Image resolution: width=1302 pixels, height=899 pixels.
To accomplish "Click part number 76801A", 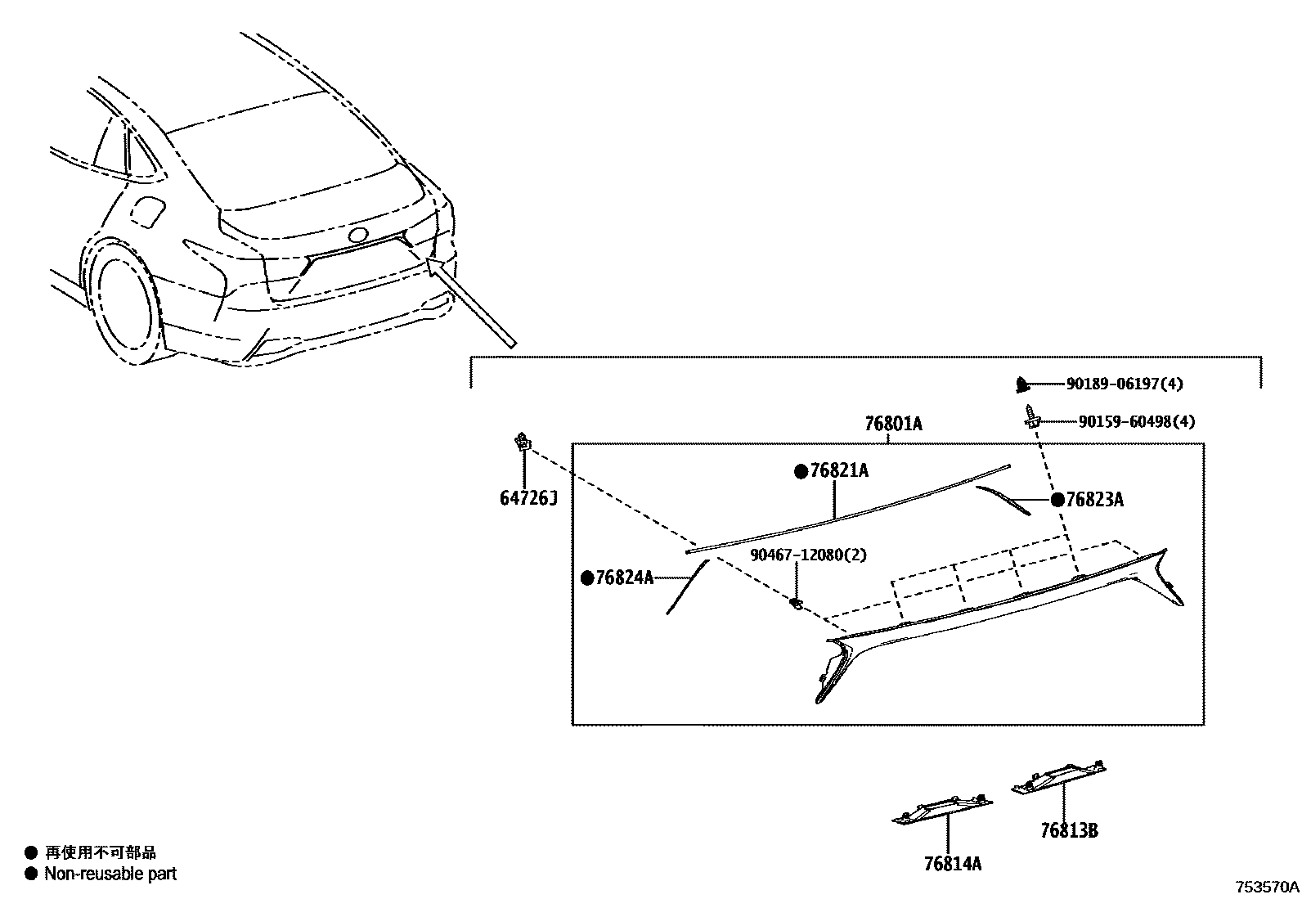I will [x=893, y=424].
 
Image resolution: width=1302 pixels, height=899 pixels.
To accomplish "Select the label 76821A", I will [x=839, y=471].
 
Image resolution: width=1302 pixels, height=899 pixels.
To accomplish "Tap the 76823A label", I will [x=1094, y=500].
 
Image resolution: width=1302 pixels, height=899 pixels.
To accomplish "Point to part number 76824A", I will [x=625, y=578].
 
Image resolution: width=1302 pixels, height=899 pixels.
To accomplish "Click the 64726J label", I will [x=528, y=497].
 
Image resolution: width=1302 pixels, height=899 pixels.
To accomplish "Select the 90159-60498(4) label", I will [x=1136, y=422].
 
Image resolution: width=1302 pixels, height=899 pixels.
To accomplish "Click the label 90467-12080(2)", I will [x=809, y=555].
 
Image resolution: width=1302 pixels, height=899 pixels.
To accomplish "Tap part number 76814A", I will [x=952, y=863].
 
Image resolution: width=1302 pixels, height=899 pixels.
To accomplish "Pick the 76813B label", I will [x=1068, y=830].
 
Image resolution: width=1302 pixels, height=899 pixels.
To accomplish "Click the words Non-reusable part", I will [x=110, y=874].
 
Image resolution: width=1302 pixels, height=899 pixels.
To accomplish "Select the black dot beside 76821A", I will [x=801, y=471].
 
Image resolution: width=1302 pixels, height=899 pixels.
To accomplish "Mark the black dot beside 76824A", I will [x=587, y=578].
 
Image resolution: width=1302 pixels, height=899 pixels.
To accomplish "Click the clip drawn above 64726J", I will [x=521, y=443].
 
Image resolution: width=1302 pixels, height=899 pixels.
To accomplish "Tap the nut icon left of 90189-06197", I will [x=1021, y=383].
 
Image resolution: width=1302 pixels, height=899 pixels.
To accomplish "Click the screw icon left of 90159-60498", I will [x=1030, y=419].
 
